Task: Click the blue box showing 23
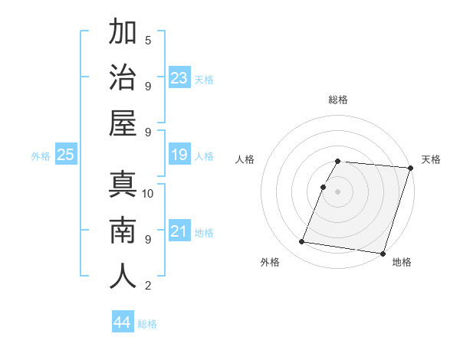coord(179,78)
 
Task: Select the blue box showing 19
coord(179,155)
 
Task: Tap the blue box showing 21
coord(179,231)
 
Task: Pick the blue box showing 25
coord(65,155)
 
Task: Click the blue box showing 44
coord(123,322)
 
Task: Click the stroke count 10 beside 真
coord(148,193)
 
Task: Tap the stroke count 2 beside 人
coord(148,286)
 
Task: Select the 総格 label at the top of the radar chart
coord(338,100)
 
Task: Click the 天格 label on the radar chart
coord(432,159)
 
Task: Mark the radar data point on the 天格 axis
coord(410,168)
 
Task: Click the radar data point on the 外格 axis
coord(302,242)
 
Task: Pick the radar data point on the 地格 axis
coord(383,253)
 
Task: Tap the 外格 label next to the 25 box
coord(41,156)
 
